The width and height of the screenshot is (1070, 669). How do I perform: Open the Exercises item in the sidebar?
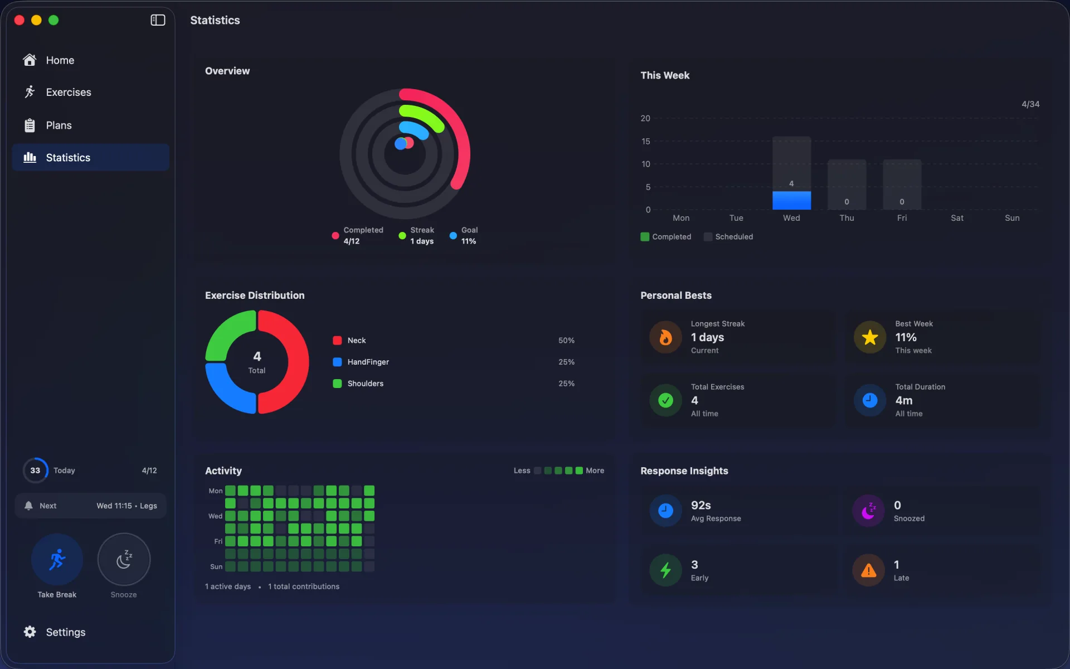pos(68,92)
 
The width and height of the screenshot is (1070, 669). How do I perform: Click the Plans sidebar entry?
pos(59,125)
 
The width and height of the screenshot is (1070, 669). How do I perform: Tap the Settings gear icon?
pos(30,632)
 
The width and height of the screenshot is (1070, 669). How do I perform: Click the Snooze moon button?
pos(124,559)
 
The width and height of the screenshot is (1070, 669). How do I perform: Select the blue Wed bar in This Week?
pos(791,200)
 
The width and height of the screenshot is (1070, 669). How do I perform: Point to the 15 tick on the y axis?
pos(645,141)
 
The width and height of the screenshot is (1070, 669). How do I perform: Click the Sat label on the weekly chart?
pos(957,218)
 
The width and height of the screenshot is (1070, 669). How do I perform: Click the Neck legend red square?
pos(337,341)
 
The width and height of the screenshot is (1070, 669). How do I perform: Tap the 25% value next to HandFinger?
pos(566,362)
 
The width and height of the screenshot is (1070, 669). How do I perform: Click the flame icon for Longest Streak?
pos(665,337)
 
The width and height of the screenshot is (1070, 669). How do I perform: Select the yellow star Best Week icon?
pos(870,337)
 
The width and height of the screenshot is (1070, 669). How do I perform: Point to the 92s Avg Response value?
pos(701,505)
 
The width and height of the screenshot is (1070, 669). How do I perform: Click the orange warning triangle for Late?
pos(868,570)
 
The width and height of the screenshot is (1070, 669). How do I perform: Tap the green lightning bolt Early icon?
pos(665,570)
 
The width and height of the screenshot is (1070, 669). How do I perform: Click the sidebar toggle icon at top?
pos(158,20)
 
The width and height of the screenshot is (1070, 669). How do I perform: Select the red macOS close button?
pos(19,20)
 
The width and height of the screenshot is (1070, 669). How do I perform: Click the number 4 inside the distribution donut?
pos(257,356)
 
